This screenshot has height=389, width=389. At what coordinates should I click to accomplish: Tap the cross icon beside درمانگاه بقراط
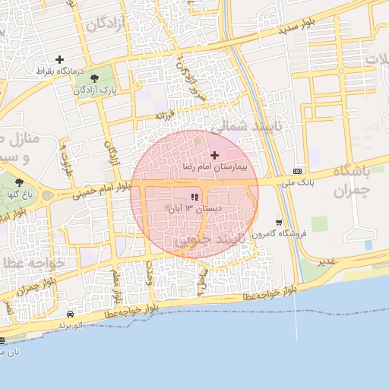pyautogui.click(x=60, y=59)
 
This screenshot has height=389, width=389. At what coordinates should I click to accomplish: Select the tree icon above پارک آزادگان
pyautogui.click(x=94, y=77)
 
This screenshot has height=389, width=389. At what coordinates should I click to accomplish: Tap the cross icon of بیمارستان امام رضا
pyautogui.click(x=215, y=155)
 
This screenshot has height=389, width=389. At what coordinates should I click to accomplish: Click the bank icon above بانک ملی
pyautogui.click(x=297, y=171)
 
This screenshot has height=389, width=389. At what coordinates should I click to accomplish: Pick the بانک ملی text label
pyautogui.click(x=297, y=182)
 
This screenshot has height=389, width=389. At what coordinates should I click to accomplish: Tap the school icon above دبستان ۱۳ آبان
pyautogui.click(x=183, y=198)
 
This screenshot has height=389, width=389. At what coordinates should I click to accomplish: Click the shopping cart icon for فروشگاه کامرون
pyautogui.click(x=280, y=223)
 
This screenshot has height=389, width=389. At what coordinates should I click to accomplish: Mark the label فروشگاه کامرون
pyautogui.click(x=279, y=234)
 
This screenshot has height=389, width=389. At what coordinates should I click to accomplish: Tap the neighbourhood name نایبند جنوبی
pyautogui.click(x=205, y=239)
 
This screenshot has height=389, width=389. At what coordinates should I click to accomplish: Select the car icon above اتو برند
pyautogui.click(x=70, y=314)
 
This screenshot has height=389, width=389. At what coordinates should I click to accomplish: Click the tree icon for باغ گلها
pyautogui.click(x=19, y=182)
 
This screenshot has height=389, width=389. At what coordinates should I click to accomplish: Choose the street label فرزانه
pyautogui.click(x=165, y=115)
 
